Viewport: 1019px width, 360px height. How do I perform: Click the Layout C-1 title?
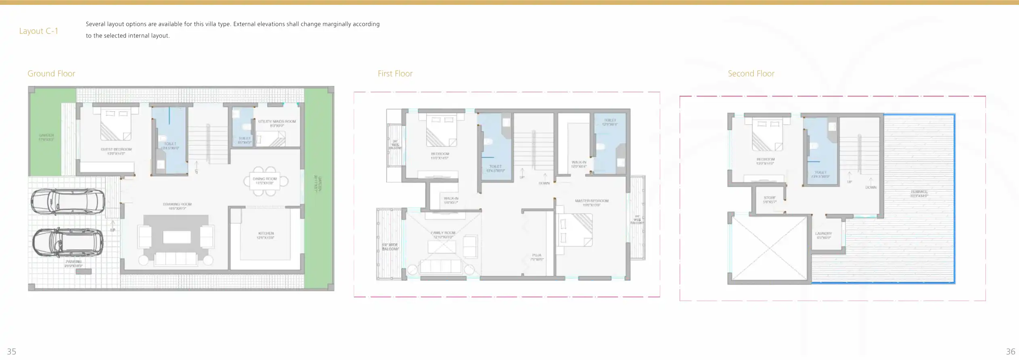coord(39,31)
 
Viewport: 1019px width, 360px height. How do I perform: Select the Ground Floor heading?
coord(51,73)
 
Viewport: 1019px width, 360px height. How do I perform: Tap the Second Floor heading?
coord(751,73)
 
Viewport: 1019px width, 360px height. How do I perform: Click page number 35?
coord(12,352)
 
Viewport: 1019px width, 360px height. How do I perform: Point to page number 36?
coord(1010,352)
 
